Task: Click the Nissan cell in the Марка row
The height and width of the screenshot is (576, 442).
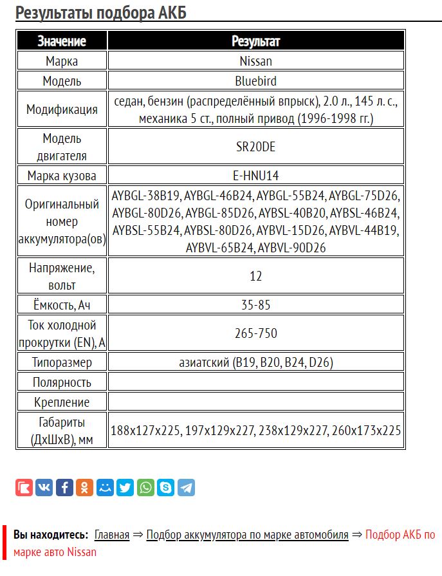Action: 255,61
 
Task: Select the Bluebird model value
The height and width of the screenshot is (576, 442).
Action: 255,81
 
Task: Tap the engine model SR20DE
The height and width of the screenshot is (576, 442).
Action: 255,146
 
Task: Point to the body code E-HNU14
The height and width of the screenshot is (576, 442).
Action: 255,175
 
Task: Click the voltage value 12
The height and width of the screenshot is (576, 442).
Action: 255,275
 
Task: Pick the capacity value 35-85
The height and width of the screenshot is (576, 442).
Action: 255,304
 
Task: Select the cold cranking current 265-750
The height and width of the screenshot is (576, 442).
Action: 255,333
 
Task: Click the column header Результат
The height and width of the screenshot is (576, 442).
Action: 255,41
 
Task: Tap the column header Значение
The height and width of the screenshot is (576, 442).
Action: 62,41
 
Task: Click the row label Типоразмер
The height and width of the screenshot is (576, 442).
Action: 62,362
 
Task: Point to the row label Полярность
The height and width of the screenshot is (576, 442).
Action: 62,382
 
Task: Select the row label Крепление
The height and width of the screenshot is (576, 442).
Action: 62,402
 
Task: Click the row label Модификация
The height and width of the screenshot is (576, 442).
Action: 62,109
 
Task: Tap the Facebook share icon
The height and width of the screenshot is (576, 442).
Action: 64,487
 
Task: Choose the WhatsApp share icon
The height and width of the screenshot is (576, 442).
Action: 145,487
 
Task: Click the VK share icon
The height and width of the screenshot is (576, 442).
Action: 44,487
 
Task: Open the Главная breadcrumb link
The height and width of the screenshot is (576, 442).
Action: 112,535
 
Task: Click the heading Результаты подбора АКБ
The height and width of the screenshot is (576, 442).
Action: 101,12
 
